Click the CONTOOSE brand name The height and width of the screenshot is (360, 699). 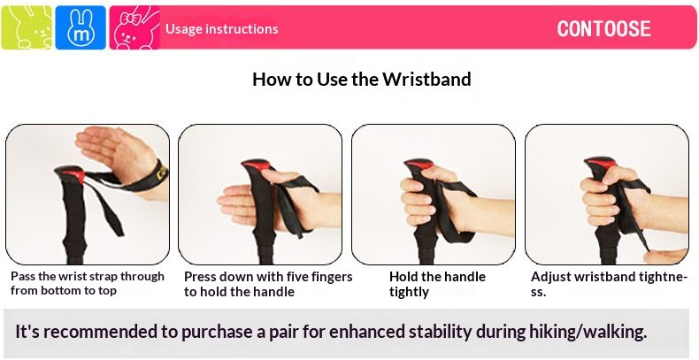click(603, 29)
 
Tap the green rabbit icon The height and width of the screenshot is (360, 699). click(27, 27)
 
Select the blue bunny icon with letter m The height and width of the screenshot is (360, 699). click(81, 27)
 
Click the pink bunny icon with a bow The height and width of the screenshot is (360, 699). click(134, 27)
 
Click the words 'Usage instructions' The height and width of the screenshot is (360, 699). click(221, 29)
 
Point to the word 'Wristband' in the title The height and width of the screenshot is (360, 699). click(426, 80)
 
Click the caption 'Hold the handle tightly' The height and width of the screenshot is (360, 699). click(437, 284)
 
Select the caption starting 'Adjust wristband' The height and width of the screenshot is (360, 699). click(609, 284)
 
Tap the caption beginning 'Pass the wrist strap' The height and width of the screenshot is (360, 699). click(88, 283)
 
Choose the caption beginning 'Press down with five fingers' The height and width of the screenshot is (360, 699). click(268, 284)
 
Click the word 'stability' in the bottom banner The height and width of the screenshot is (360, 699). click(440, 332)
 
